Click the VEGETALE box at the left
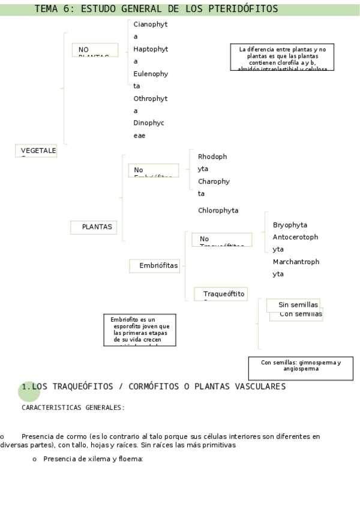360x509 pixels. [36, 151]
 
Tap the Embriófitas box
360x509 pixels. [155, 265]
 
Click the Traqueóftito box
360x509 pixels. [221, 294]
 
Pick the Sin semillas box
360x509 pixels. [293, 305]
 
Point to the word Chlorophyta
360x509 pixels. [218, 211]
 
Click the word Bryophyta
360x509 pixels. [290, 225]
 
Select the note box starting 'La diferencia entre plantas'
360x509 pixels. [282, 58]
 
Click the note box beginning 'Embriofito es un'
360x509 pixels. [140, 330]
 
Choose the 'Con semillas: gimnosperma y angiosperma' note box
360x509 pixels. [301, 368]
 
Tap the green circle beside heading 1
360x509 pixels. [29, 391]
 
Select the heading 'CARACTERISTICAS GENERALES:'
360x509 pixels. [73, 408]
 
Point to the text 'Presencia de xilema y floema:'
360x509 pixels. [93, 459]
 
